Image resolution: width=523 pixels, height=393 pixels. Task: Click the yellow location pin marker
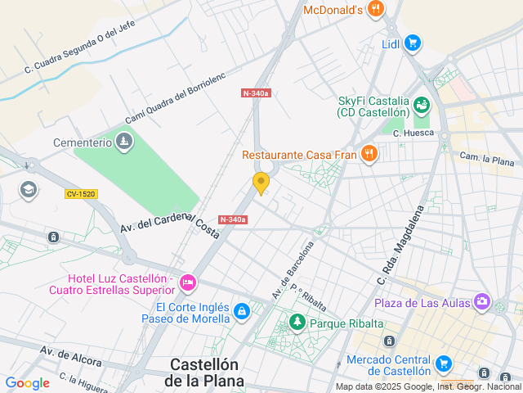coord(261,183)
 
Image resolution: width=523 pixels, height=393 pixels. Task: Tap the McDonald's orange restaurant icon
coord(376,10)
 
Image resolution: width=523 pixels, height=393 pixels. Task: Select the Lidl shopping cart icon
coord(413,43)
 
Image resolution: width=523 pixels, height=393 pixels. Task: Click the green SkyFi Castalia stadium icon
coord(422,105)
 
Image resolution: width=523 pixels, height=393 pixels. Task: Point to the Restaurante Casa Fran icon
coord(369,153)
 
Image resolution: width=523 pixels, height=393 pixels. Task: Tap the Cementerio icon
coord(124,142)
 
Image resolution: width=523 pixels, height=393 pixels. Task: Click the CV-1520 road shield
coord(82,193)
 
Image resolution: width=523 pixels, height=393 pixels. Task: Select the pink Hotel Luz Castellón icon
coord(188,283)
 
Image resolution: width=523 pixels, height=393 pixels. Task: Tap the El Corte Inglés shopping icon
coord(241,311)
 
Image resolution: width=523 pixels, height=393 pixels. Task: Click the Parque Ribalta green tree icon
coord(297,323)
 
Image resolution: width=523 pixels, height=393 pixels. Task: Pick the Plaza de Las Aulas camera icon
coord(482,303)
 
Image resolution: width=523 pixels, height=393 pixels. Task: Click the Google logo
coord(27,382)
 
